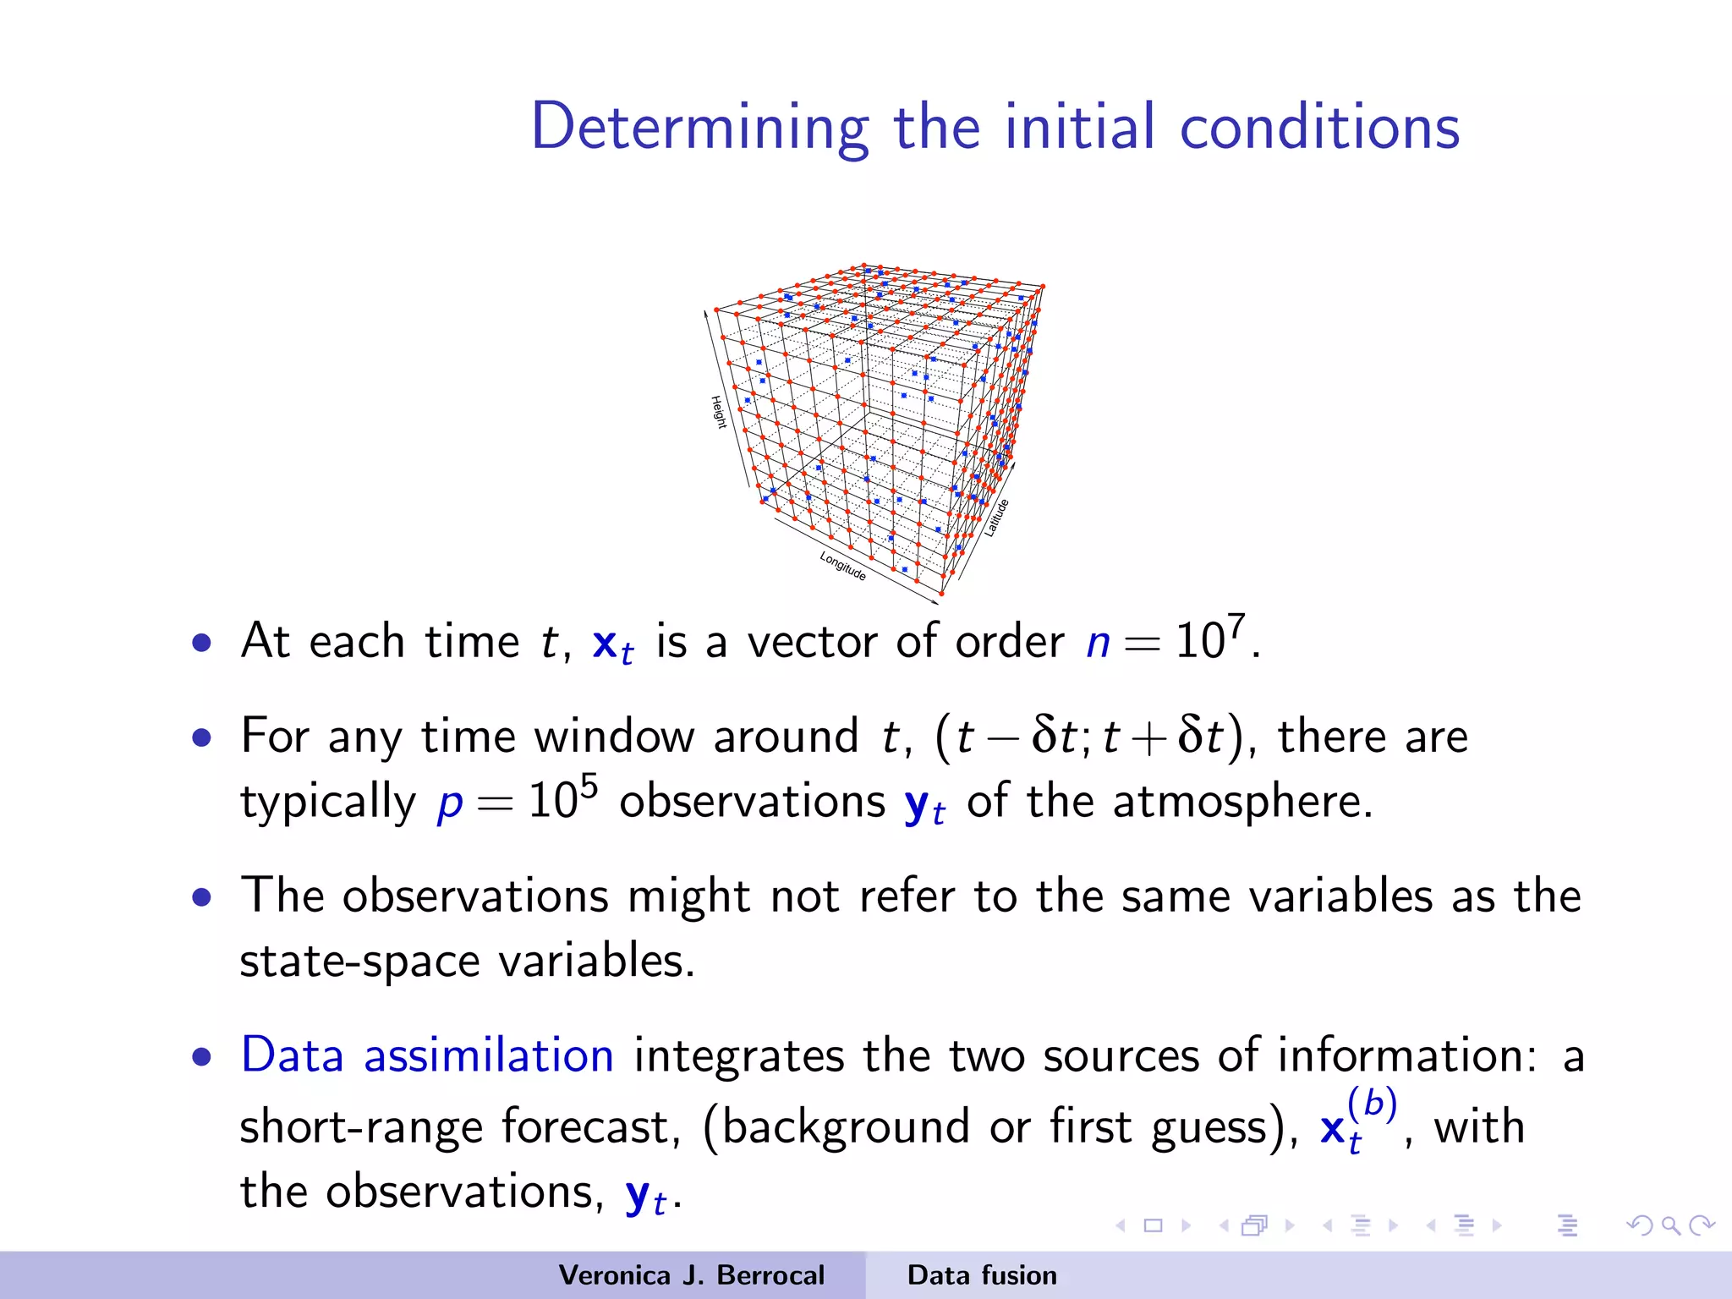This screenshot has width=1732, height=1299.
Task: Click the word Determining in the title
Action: coord(699,127)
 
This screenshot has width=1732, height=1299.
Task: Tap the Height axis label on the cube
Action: coord(718,412)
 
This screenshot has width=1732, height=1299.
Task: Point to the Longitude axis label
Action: coord(842,565)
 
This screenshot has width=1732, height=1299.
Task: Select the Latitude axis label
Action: coord(996,518)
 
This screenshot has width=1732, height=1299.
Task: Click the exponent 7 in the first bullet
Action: coord(1236,626)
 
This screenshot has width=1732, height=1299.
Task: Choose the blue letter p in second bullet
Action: coord(450,803)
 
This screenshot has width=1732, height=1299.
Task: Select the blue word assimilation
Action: coord(488,1055)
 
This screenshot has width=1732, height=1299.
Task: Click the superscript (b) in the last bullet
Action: coord(1371,1103)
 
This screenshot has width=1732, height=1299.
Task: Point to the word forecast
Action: coord(589,1126)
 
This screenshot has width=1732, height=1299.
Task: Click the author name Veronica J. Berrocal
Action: coord(691,1275)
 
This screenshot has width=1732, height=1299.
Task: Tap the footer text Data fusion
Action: coord(981,1275)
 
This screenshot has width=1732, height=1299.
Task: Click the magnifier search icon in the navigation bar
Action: coord(1669,1225)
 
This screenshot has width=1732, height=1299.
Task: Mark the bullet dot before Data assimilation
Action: coord(201,1056)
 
